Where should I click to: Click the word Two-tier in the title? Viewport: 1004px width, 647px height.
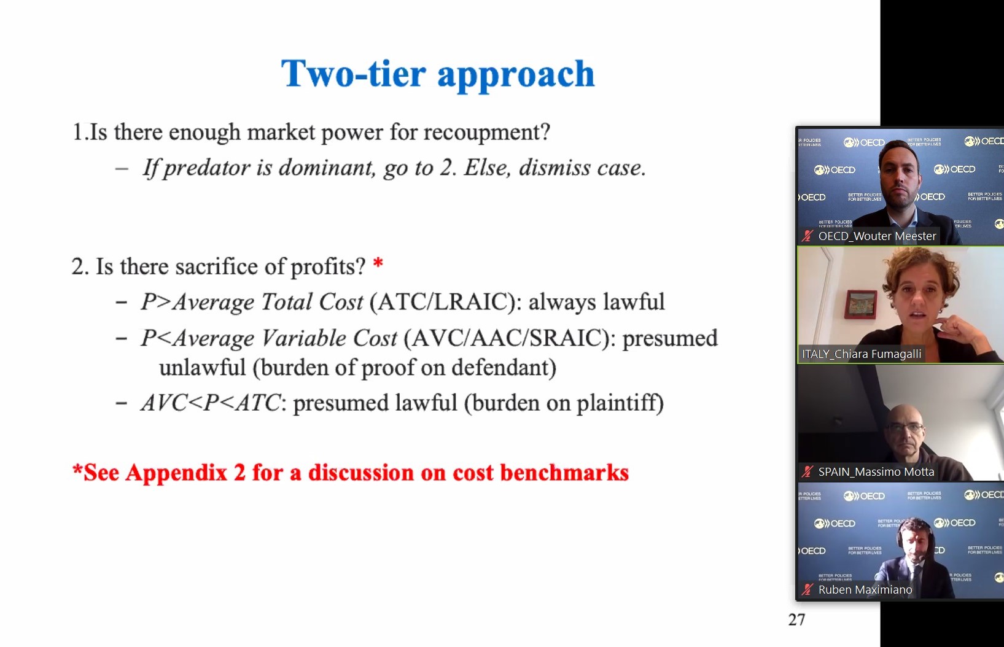(353, 74)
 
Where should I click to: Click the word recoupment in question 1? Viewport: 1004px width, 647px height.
(486, 133)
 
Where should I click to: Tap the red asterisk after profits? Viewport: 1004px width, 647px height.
(378, 263)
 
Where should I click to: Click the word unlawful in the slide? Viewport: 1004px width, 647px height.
(202, 368)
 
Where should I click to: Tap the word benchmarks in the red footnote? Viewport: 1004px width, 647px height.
(564, 473)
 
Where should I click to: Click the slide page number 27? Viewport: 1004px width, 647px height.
(796, 619)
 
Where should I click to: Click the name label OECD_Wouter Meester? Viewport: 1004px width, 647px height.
(877, 236)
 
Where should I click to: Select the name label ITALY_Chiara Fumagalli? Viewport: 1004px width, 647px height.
(862, 354)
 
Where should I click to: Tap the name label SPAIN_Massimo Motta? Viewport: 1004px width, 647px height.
(876, 472)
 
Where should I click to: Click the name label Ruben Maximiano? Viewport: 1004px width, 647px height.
(865, 590)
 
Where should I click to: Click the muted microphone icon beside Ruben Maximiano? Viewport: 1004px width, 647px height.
(807, 590)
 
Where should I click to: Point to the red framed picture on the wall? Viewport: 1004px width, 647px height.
(860, 304)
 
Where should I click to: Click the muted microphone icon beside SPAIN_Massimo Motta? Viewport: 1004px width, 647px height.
(807, 472)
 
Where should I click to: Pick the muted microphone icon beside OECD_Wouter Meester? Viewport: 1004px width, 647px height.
(807, 236)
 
